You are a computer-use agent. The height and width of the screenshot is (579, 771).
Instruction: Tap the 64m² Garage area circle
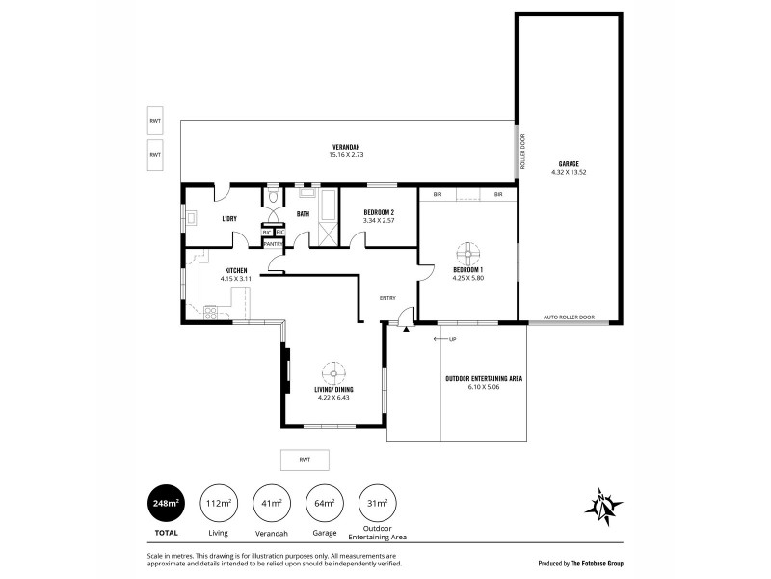pos(325,503)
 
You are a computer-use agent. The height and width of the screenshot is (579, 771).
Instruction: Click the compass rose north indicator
pos(603,507)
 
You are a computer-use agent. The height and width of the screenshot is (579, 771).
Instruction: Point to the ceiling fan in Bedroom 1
pos(467,252)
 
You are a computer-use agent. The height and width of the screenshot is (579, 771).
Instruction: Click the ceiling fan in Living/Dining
pos(333,372)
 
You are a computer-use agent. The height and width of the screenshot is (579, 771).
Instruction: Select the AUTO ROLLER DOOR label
pos(569,317)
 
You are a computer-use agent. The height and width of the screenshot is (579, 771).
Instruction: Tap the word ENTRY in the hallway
pos(387,298)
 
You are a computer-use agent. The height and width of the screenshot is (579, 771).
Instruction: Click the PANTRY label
pos(272,244)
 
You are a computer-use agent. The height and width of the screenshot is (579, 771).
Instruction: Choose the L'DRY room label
pos(229,219)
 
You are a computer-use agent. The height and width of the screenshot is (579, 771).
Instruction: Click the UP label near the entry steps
pos(451,339)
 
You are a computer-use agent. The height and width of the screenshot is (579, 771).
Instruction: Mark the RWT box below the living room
pos(304,459)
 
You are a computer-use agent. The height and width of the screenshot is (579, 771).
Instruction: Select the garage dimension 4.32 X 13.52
pos(568,172)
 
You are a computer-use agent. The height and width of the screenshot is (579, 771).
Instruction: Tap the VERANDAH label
pos(347,147)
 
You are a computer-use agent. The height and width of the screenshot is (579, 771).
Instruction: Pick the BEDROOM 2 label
pos(379,212)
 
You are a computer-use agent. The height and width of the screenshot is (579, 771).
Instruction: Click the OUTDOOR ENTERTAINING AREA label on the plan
pos(484,379)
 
